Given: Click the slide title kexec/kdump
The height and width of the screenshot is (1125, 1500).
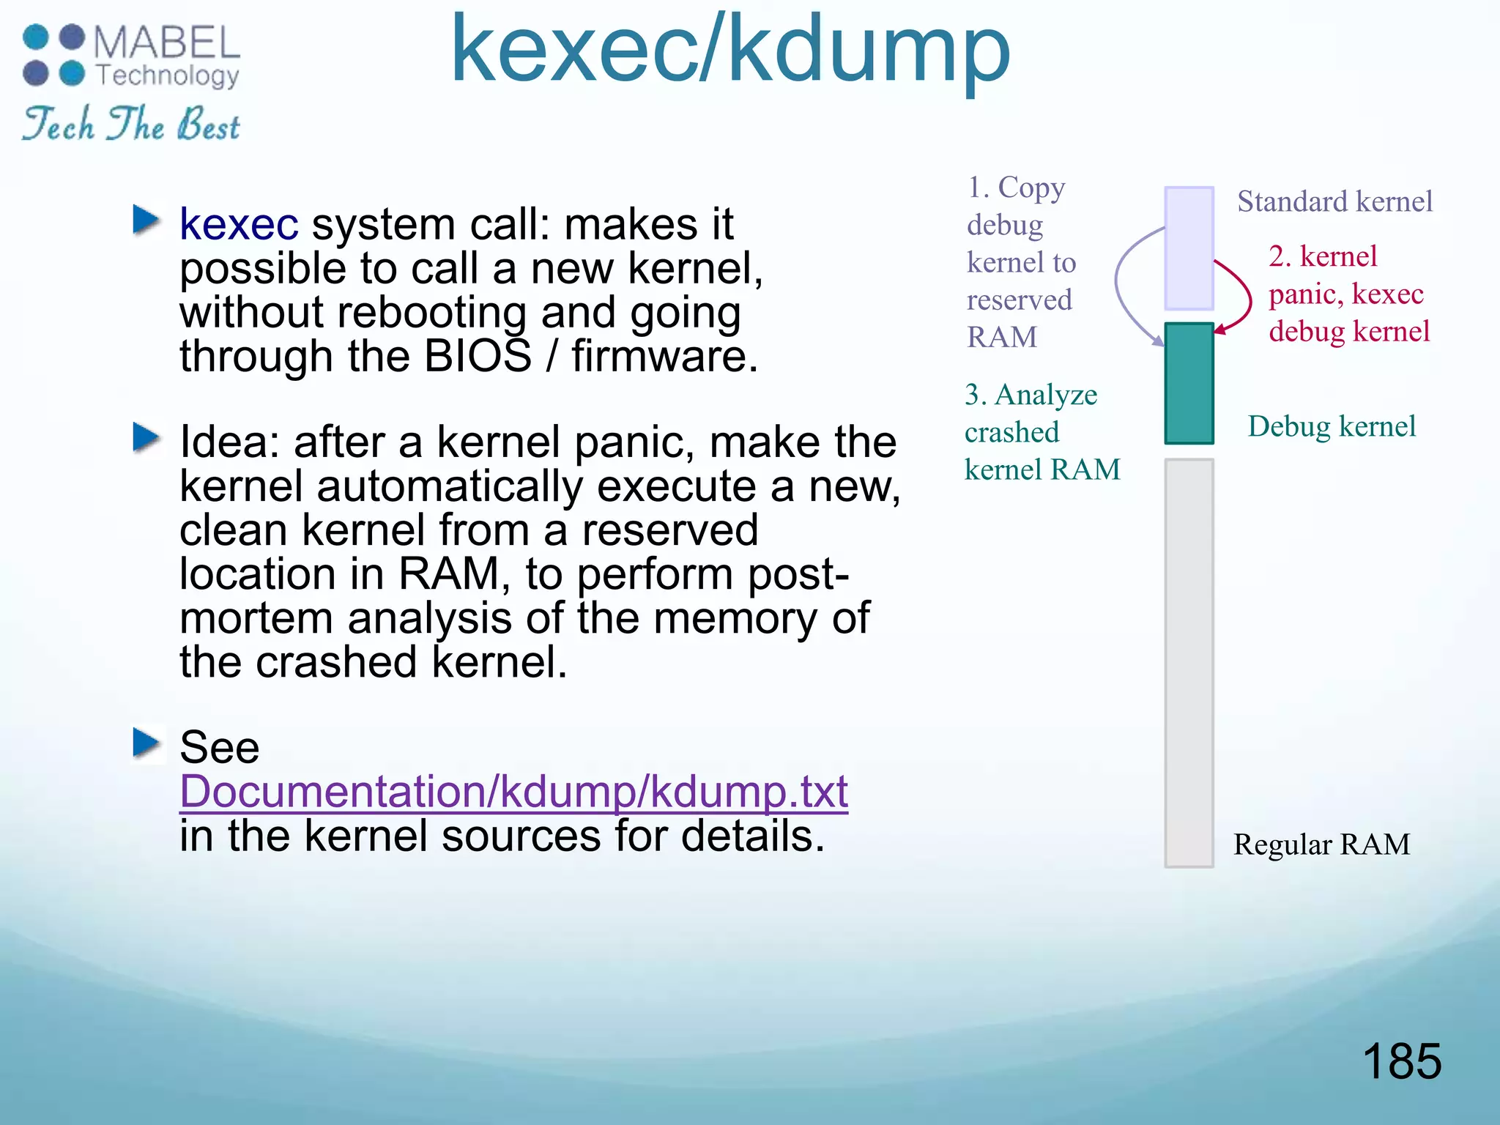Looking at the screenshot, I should click(x=729, y=51).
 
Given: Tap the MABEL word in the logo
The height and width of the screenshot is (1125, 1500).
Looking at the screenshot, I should click(x=167, y=42).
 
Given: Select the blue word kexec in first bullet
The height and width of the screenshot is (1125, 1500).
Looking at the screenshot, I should click(x=239, y=224).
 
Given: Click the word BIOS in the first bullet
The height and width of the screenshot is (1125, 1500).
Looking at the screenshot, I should click(x=478, y=357).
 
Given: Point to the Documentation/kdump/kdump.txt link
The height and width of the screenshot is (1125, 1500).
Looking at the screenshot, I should click(x=513, y=792).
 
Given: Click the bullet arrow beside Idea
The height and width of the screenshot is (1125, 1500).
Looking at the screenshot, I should click(x=146, y=438).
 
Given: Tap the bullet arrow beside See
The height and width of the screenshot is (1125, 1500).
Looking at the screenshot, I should click(x=146, y=743).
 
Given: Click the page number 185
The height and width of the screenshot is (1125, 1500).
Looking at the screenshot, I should click(x=1401, y=1061).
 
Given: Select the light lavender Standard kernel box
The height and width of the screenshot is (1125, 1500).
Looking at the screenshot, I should click(x=1189, y=248).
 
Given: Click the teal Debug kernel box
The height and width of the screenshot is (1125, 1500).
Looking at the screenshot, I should click(x=1189, y=383).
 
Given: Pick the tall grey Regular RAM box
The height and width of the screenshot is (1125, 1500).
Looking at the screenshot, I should click(x=1189, y=663).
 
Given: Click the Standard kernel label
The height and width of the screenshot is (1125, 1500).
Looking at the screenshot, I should click(x=1334, y=201).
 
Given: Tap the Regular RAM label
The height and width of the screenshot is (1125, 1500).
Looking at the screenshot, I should click(x=1321, y=844).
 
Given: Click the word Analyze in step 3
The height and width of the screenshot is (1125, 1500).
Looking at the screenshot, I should click(x=1046, y=396).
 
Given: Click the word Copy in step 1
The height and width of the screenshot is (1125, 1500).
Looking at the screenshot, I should click(x=1031, y=188).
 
